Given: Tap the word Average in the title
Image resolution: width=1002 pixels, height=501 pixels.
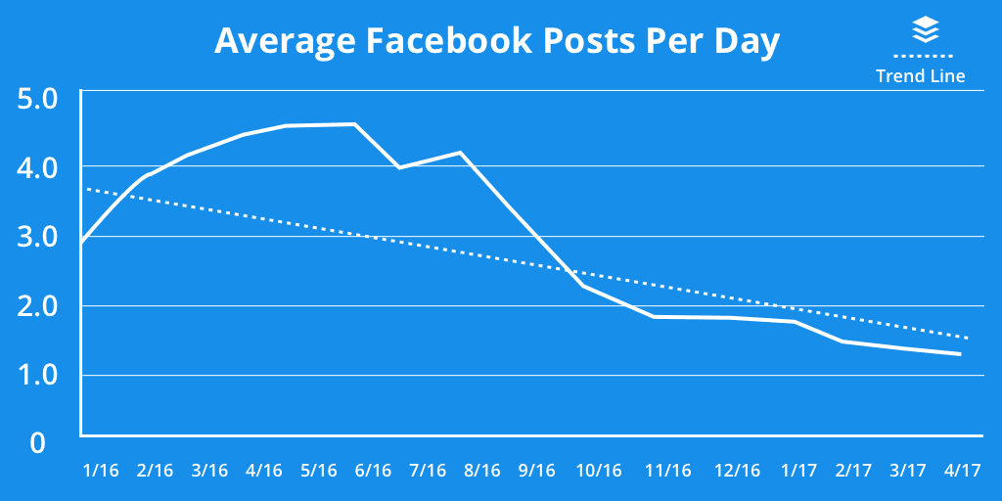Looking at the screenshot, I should pyautogui.click(x=274, y=42).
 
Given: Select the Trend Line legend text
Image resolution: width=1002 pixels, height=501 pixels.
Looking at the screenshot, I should pyautogui.click(x=920, y=76).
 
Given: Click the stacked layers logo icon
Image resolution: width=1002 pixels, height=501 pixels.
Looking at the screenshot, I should pyautogui.click(x=925, y=30).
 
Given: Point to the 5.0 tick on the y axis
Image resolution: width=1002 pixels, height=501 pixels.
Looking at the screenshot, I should pyautogui.click(x=39, y=98).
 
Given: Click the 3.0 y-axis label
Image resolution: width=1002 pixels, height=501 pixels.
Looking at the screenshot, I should pyautogui.click(x=39, y=237).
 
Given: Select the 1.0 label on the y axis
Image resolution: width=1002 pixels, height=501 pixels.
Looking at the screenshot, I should pyautogui.click(x=39, y=376).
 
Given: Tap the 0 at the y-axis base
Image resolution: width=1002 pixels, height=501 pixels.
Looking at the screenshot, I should pyautogui.click(x=38, y=443).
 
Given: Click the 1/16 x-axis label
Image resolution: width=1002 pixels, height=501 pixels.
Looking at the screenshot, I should pyautogui.click(x=102, y=471).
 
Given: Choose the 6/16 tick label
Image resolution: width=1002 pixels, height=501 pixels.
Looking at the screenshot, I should pyautogui.click(x=373, y=471).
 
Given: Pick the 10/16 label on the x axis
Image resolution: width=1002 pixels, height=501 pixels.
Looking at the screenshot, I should pyautogui.click(x=596, y=471).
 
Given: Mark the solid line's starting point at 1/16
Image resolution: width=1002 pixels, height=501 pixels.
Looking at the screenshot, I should pyautogui.click(x=82, y=242).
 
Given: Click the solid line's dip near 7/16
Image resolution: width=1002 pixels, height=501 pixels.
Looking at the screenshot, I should pyautogui.click(x=398, y=168).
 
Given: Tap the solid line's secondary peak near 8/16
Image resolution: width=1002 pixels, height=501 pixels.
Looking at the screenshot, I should pyautogui.click(x=460, y=153).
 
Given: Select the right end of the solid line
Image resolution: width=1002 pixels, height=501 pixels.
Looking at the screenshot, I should pyautogui.click(x=960, y=354).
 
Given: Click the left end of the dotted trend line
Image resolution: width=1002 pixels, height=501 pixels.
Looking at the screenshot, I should pyautogui.click(x=85, y=188).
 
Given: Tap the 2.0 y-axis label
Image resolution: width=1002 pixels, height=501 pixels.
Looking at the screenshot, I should pyautogui.click(x=39, y=306).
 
